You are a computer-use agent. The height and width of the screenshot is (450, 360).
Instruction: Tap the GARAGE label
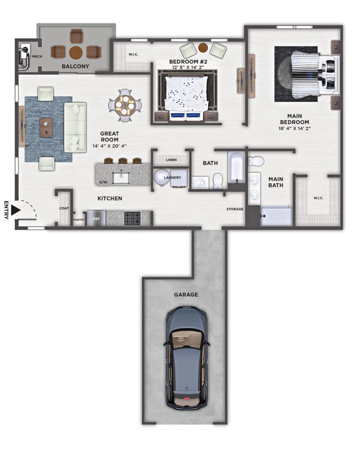pos(186,294)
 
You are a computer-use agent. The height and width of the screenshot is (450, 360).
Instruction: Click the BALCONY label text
pos(76,66)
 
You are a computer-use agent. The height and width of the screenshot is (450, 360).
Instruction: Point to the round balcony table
pos(76,52)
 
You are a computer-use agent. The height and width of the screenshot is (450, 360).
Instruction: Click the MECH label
pos(37,57)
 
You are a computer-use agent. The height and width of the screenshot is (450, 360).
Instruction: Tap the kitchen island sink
pos(121,178)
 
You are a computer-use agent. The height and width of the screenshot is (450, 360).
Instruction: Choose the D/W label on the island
pos(103,182)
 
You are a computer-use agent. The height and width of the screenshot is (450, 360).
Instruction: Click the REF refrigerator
pos(96,218)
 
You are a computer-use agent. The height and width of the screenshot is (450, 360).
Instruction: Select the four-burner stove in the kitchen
pos(132,218)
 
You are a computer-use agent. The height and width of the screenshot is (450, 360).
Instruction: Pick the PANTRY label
pos(79,220)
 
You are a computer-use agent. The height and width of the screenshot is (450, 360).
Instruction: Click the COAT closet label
pos(64,208)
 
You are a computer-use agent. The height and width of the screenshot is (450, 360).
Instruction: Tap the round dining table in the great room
pos(124,105)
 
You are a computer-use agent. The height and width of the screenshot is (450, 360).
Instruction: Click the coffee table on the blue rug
pos(46,127)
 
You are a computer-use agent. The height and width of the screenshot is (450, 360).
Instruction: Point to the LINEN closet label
pos(171,160)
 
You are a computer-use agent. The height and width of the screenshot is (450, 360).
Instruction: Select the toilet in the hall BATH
pos(218,181)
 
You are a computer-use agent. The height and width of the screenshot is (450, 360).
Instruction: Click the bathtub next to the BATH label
pos(236,167)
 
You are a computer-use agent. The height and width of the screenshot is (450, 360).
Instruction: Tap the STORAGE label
pos(235,209)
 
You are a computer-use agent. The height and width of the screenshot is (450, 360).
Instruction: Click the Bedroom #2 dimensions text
pos(188,68)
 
